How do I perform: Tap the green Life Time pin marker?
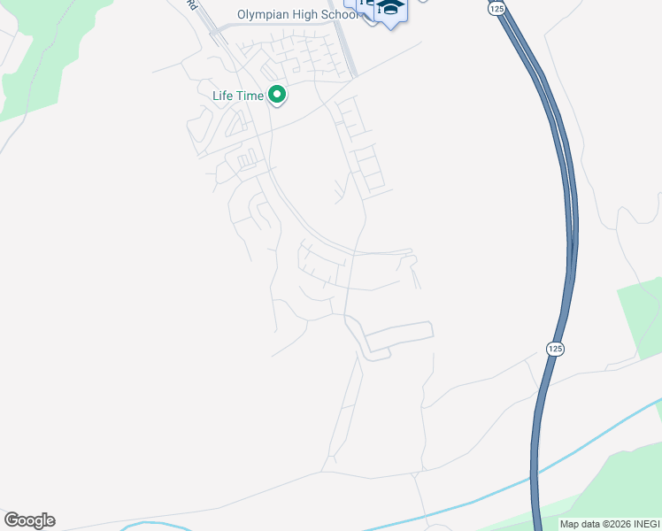tap(276, 95)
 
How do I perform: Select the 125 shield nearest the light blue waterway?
tap(553, 349)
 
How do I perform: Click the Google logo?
tap(29, 520)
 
